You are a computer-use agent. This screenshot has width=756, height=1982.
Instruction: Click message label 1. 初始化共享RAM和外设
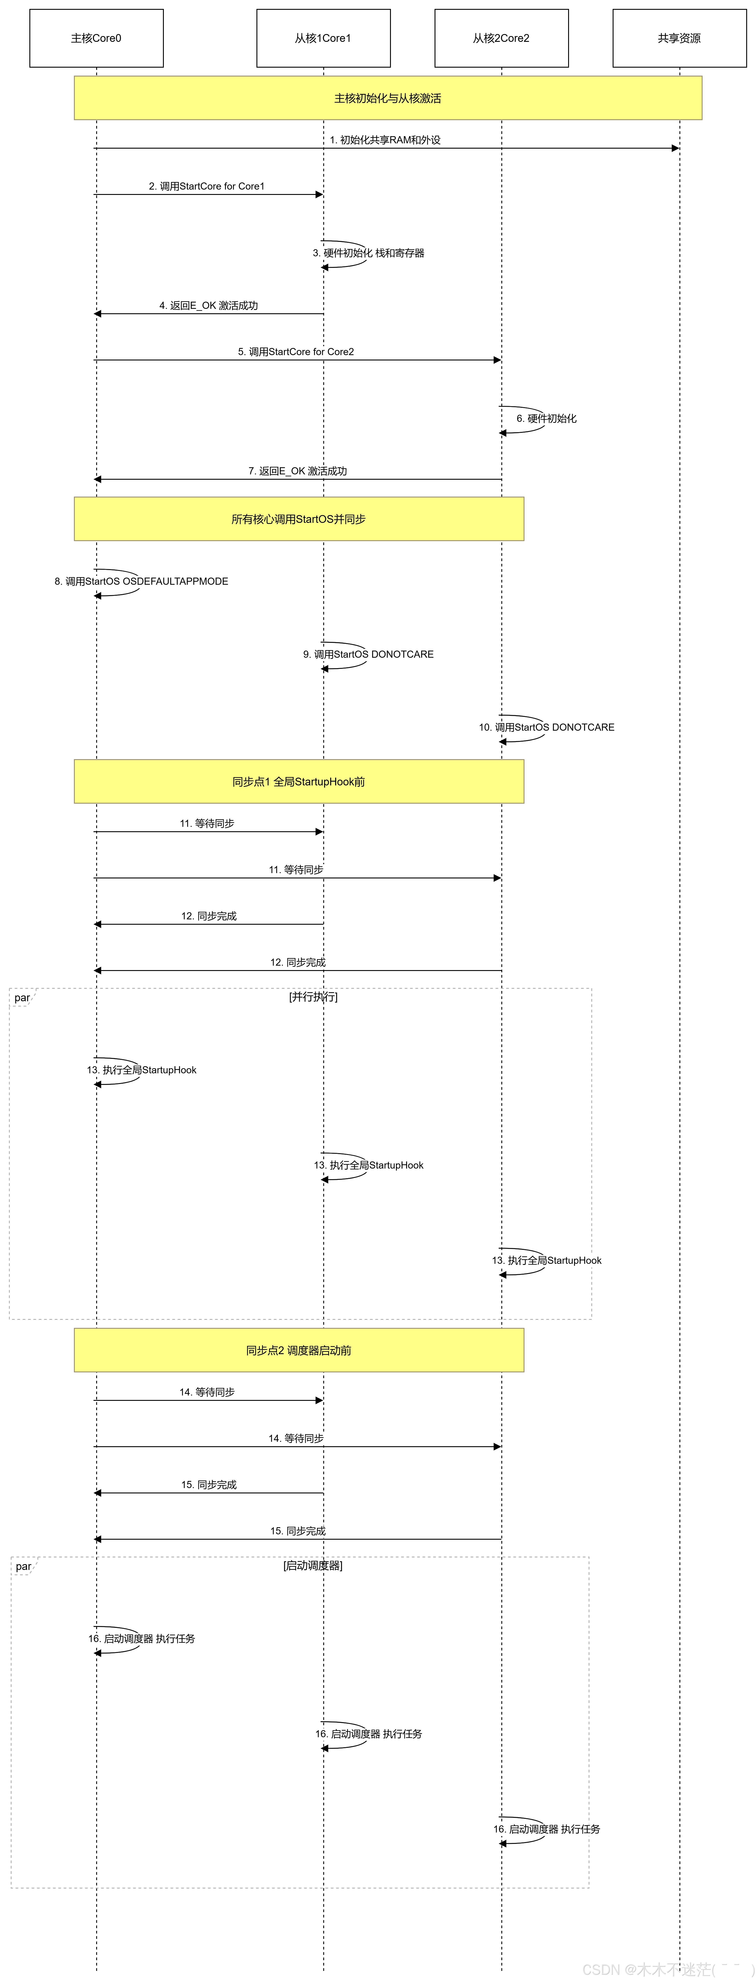(x=386, y=140)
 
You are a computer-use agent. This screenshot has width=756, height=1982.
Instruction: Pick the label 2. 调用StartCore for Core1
(x=207, y=186)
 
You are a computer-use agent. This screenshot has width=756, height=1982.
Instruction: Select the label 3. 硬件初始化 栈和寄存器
(x=369, y=253)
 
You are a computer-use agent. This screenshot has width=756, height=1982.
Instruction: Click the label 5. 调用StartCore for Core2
(x=296, y=352)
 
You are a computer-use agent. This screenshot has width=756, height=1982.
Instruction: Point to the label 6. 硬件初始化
(x=547, y=419)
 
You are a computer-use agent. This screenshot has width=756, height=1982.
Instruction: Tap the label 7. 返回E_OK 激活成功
(x=298, y=471)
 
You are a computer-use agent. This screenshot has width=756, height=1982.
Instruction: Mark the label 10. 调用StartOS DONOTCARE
(x=547, y=727)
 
